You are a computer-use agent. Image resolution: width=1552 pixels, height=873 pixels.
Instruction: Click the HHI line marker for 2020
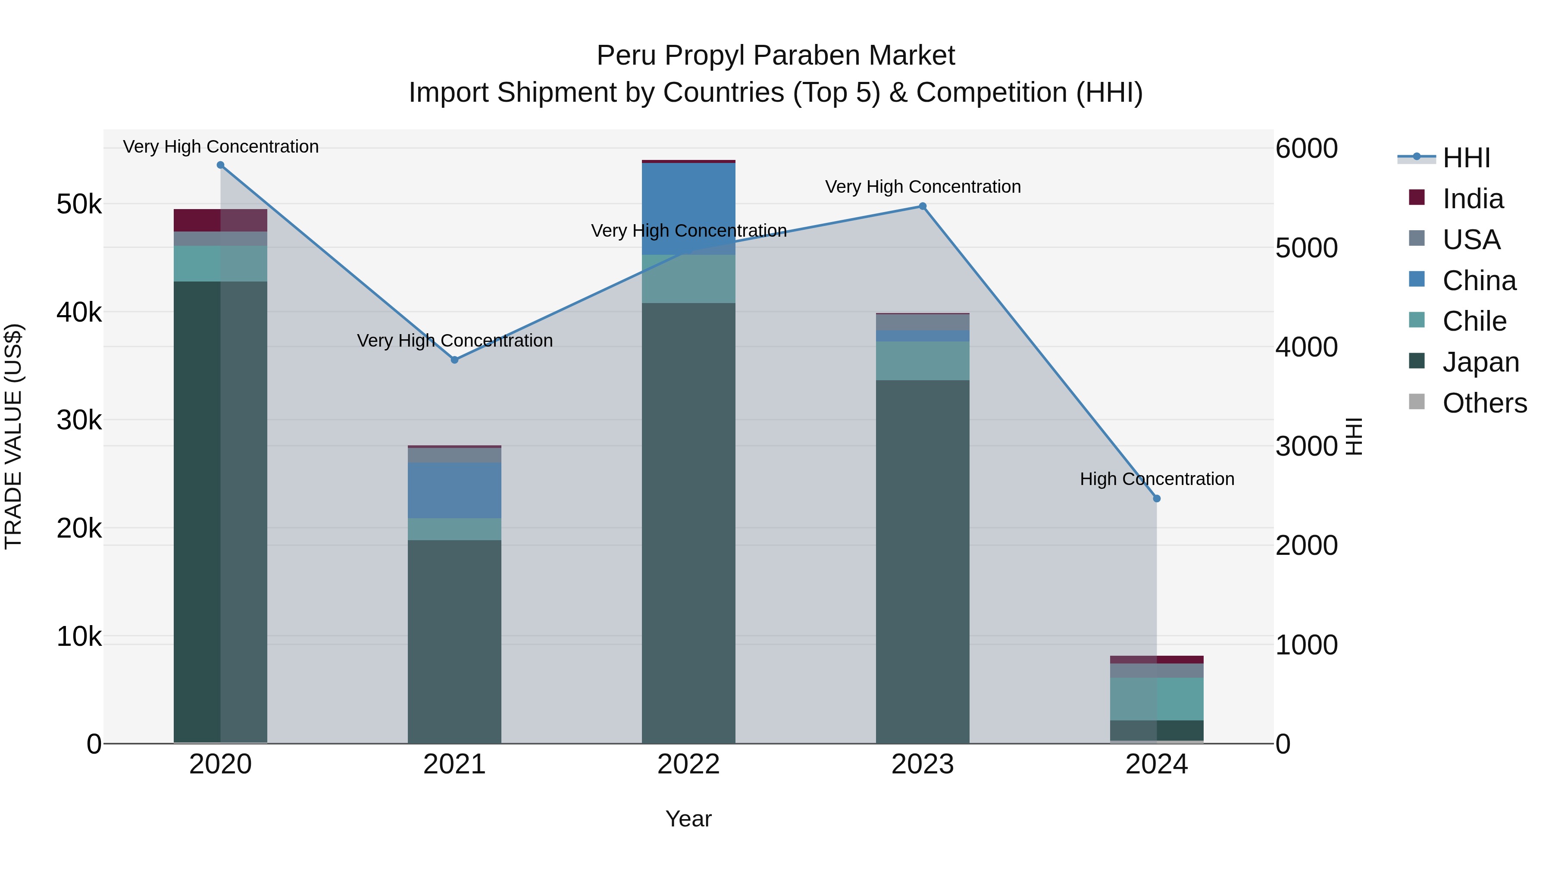[x=220, y=165]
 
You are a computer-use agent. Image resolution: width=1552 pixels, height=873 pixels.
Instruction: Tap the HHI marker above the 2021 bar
[x=455, y=360]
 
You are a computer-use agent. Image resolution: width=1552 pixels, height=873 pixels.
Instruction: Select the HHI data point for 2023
[x=923, y=206]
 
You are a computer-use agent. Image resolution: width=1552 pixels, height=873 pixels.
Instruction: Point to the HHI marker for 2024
[x=1157, y=498]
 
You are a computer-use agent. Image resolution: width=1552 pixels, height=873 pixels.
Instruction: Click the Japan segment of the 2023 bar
[x=923, y=560]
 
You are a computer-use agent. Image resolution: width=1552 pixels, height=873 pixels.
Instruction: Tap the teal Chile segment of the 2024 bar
[x=1157, y=699]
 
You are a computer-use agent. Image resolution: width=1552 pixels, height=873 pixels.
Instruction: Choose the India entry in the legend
[x=1473, y=199]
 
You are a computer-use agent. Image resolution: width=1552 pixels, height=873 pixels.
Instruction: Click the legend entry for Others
[x=1484, y=403]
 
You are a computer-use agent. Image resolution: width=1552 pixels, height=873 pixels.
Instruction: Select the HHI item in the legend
[x=1466, y=158]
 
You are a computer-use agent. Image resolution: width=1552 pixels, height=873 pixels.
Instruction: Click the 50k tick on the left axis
[x=79, y=205]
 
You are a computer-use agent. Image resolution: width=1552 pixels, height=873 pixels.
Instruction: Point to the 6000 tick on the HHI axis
[x=1306, y=148]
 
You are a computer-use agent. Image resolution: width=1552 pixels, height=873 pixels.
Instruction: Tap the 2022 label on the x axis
[x=688, y=764]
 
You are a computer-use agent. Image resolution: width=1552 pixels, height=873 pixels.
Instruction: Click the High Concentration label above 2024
[x=1157, y=479]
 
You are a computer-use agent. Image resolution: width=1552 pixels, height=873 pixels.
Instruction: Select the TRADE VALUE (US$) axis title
[x=13, y=436]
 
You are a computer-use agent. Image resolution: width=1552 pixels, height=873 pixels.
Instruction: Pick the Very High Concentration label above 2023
[x=923, y=187]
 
